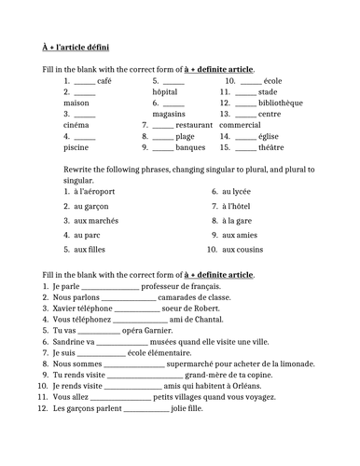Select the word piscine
77,146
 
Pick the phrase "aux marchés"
95,221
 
